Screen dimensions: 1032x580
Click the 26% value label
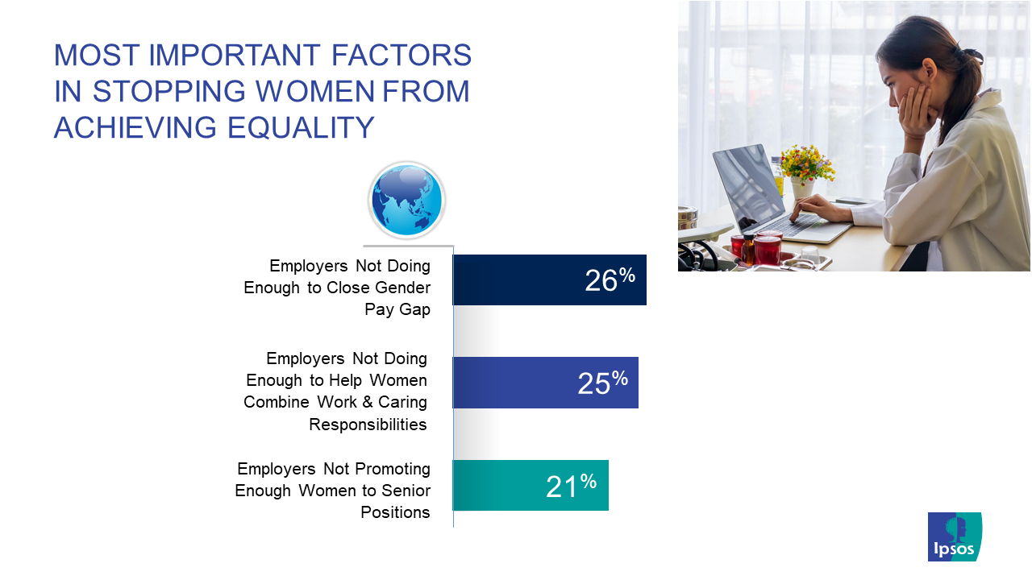pyautogui.click(x=610, y=280)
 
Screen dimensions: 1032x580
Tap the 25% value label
pyautogui.click(x=602, y=383)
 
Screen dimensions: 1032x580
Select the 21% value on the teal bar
pyautogui.click(x=572, y=486)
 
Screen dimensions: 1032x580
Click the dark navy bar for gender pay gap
pyautogui.click(x=550, y=280)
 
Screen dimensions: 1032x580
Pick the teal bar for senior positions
pyautogui.click(x=531, y=485)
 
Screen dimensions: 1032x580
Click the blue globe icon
pyautogui.click(x=407, y=201)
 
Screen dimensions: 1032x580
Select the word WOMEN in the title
pyautogui.click(x=315, y=91)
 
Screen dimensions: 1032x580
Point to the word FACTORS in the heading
pyautogui.click(x=402, y=55)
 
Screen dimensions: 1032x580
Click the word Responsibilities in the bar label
pyautogui.click(x=368, y=424)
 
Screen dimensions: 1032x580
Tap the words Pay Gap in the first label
pyautogui.click(x=397, y=309)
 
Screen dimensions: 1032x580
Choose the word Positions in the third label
pyautogui.click(x=395, y=512)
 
